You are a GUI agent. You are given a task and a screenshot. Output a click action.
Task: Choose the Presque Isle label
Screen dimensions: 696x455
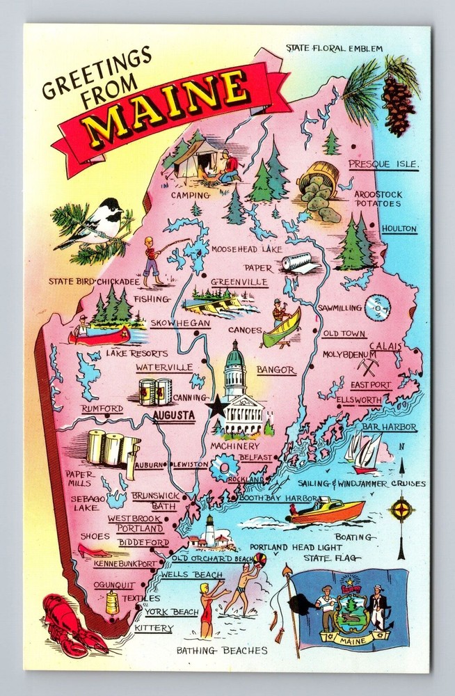383,165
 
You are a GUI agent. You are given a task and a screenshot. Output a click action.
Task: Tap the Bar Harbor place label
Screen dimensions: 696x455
389,427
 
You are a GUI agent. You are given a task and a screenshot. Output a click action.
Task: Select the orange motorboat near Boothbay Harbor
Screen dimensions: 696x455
327,510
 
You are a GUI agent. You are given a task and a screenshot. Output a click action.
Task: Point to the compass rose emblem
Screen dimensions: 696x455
401,509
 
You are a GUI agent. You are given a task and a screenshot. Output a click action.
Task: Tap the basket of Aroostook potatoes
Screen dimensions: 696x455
319,190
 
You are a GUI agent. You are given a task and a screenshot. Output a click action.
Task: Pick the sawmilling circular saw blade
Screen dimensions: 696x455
378,307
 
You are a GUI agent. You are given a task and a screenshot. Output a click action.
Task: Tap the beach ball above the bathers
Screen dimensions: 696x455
259,559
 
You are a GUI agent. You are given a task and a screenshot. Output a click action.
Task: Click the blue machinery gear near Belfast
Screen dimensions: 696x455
223,468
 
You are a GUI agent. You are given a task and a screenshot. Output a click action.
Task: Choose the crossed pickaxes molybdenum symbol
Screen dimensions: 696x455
367,365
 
